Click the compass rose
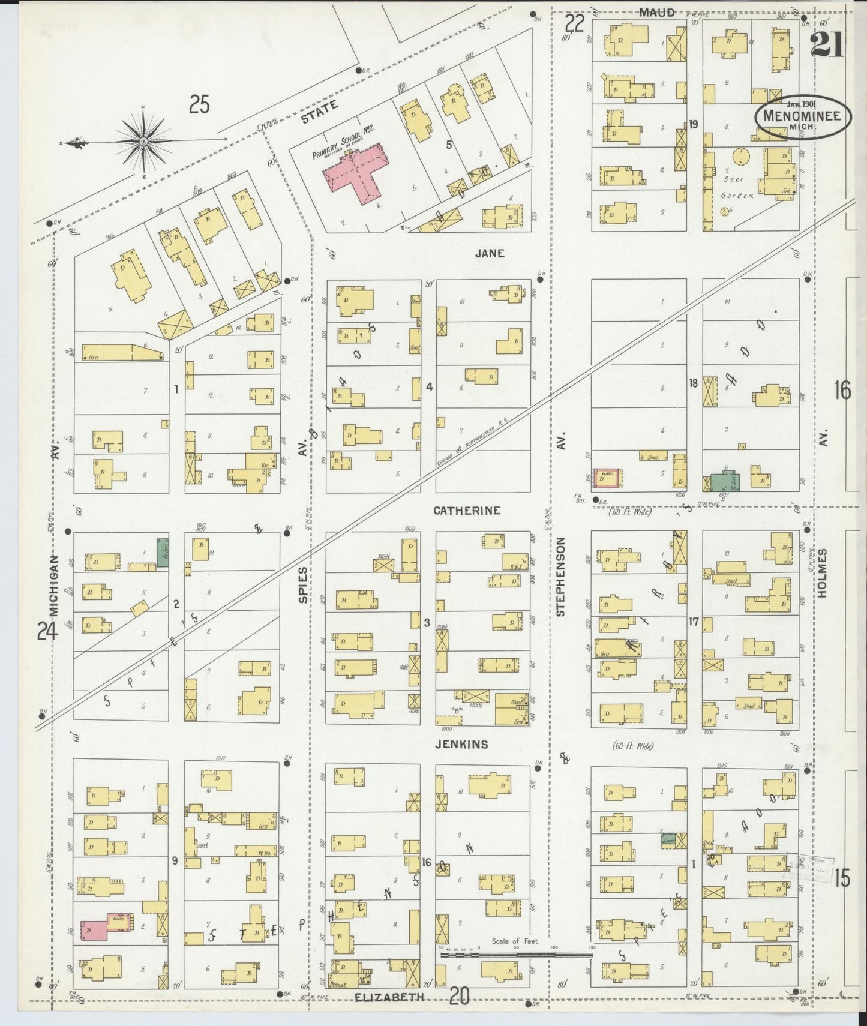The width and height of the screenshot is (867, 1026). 144,142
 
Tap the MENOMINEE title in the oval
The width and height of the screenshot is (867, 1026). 802,116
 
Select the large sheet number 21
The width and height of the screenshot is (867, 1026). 826,45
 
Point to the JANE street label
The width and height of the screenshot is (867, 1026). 490,253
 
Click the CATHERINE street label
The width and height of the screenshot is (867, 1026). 467,511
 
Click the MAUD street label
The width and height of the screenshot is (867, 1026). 657,12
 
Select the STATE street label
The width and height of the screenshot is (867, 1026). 319,112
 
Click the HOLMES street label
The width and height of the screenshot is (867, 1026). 821,572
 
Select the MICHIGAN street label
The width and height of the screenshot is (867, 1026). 55,585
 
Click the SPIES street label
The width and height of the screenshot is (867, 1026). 304,584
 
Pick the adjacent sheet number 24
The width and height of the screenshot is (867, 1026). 47,631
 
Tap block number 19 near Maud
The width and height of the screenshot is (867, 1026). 694,125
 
